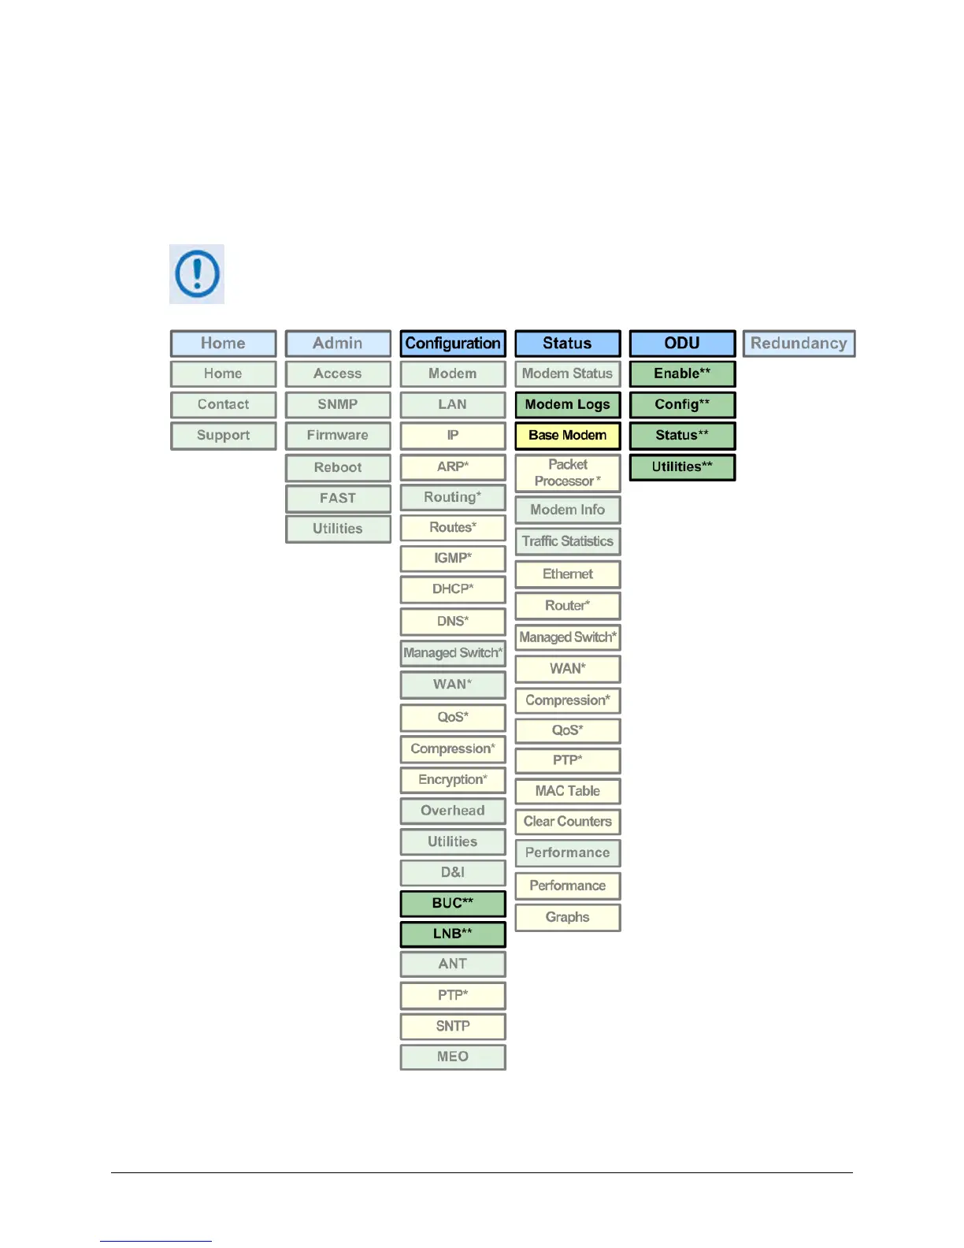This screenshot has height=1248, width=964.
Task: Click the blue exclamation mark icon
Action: (x=197, y=274)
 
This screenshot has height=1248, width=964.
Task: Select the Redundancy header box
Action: (x=799, y=344)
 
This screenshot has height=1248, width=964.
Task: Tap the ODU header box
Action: (x=682, y=344)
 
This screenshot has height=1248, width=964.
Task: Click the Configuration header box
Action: (x=453, y=344)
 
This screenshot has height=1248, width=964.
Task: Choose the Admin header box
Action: (x=338, y=344)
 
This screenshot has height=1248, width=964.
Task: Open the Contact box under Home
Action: (x=224, y=405)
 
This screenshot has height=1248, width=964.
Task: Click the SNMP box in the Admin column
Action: (x=338, y=405)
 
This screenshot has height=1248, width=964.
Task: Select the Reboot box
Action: (x=338, y=468)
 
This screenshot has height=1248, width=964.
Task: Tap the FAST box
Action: (x=338, y=499)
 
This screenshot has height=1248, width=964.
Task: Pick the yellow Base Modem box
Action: (x=568, y=436)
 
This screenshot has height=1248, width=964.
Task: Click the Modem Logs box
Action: (x=568, y=405)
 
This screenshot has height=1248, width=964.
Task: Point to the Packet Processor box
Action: (x=568, y=473)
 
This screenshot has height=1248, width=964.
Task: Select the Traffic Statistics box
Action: (x=568, y=541)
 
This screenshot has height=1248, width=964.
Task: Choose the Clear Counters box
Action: (x=568, y=822)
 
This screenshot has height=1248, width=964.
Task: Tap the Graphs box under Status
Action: (x=568, y=917)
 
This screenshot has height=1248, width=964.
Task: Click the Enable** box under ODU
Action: (x=682, y=374)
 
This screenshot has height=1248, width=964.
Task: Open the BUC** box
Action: (x=453, y=904)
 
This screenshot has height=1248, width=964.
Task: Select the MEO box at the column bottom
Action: (x=453, y=1057)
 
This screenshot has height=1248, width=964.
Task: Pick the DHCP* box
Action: (x=453, y=589)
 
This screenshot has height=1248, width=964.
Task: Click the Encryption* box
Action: (x=453, y=780)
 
